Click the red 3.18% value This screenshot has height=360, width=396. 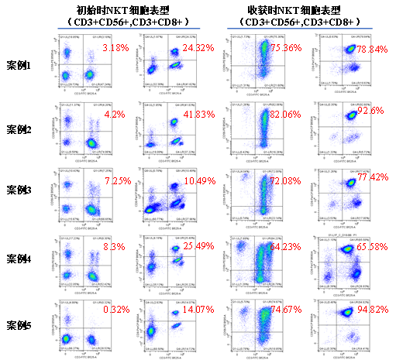115,49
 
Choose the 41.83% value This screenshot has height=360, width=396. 199,115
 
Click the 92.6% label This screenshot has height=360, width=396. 370,111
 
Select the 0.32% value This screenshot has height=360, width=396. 116,310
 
